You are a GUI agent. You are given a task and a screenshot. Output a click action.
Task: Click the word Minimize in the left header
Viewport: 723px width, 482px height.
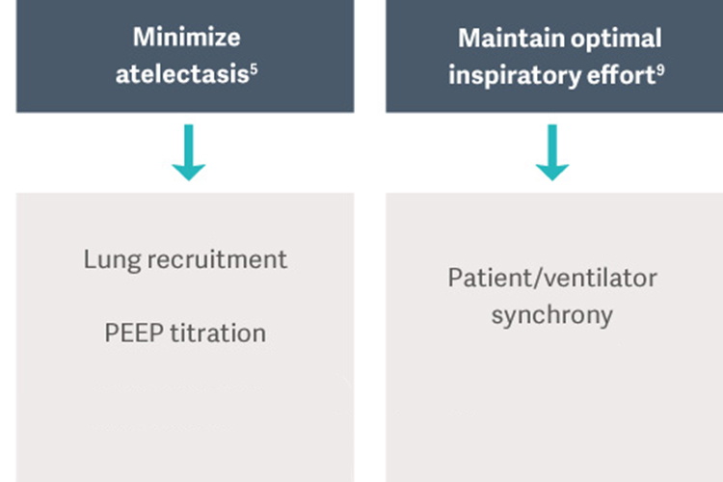(x=186, y=39)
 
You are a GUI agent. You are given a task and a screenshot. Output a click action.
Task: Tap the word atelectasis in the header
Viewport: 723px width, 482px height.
(x=180, y=74)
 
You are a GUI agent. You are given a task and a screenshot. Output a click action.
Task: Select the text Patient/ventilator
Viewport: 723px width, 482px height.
(x=552, y=279)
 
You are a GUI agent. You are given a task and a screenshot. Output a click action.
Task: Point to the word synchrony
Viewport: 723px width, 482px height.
(x=552, y=315)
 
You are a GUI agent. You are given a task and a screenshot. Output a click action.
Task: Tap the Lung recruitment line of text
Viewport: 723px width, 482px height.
(x=185, y=259)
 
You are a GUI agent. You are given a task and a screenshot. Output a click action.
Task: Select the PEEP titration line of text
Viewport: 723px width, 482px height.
(x=185, y=334)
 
